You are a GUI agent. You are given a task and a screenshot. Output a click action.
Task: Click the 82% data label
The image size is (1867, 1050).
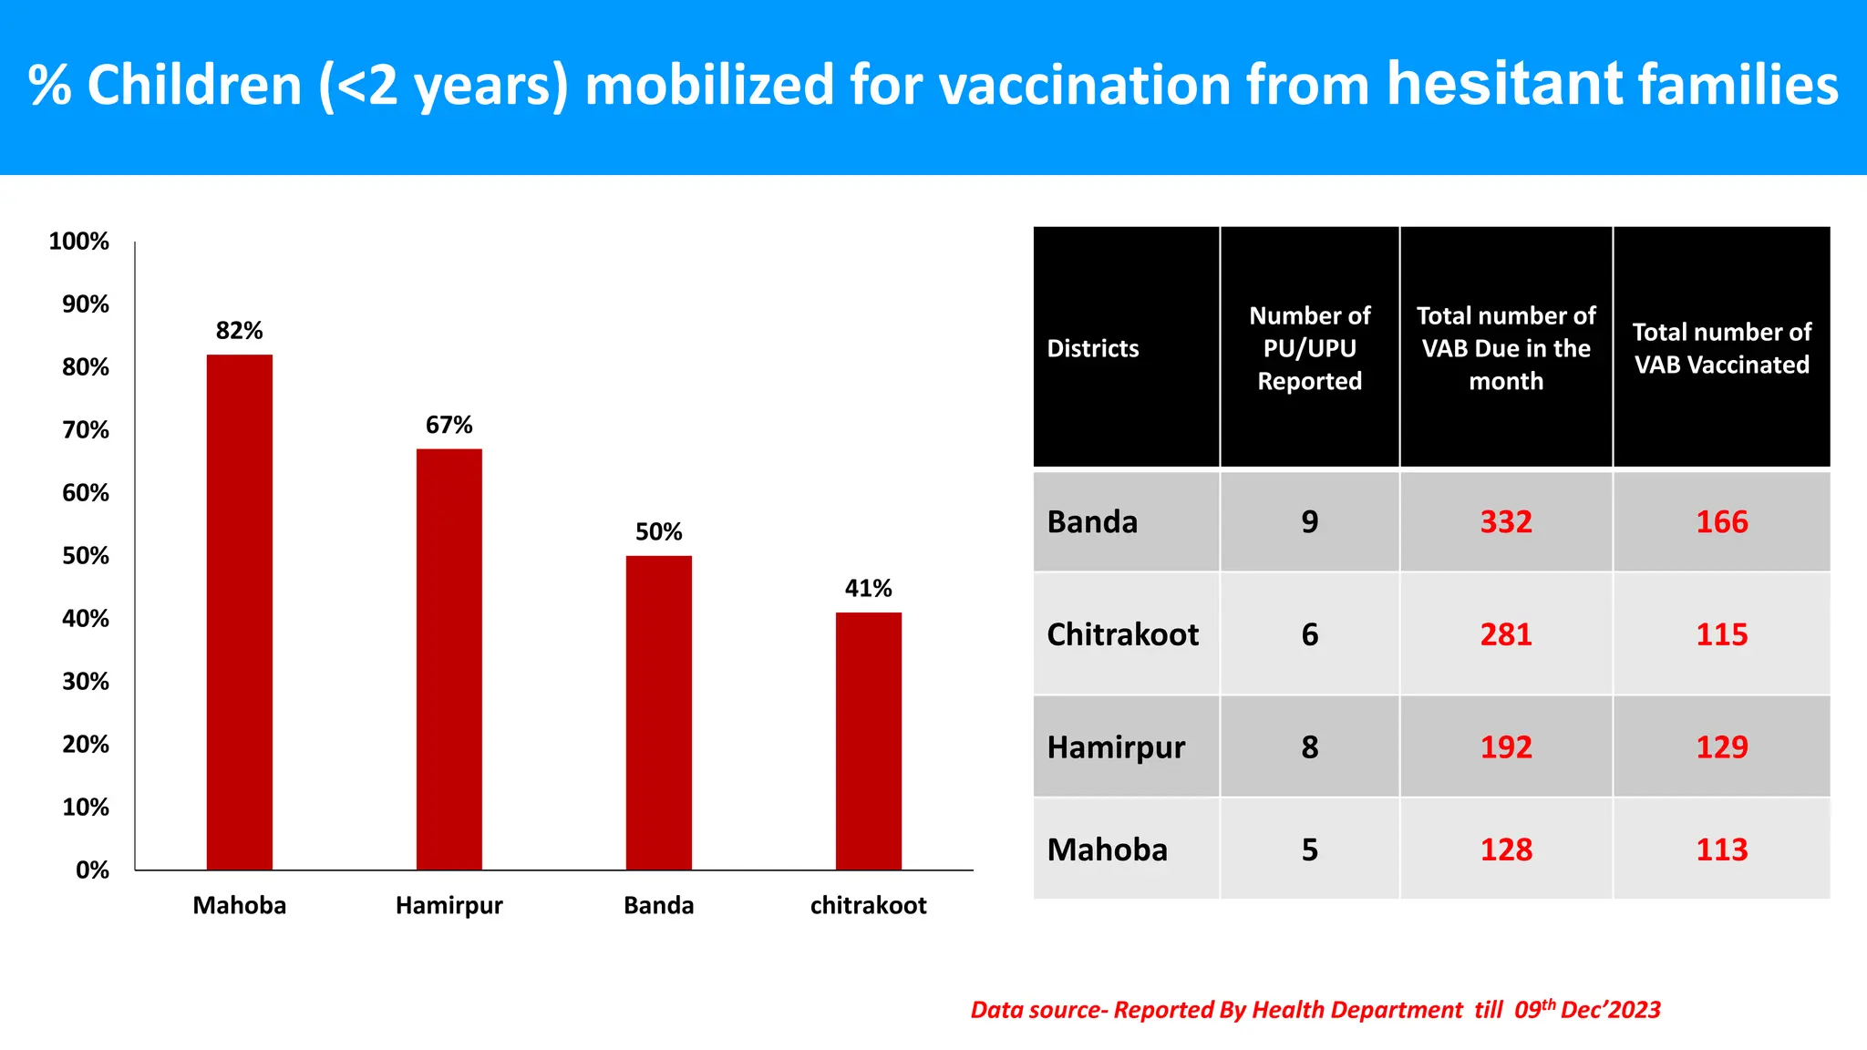[x=239, y=331]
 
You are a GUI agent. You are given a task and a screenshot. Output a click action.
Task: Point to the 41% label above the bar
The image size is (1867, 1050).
[x=868, y=589]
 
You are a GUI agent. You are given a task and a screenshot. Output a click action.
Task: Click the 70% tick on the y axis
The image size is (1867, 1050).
[x=86, y=430]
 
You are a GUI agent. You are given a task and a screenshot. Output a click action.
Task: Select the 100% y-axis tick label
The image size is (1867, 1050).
[x=78, y=242]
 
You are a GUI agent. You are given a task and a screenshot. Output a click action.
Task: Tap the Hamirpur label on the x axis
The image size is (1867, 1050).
[x=449, y=905]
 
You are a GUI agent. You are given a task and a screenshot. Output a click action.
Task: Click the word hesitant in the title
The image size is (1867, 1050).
[x=1504, y=84]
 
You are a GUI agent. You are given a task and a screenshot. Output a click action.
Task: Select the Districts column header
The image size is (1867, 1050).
[x=1093, y=348]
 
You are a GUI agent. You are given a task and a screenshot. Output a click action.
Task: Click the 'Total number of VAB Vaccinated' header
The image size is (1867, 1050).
[x=1721, y=348]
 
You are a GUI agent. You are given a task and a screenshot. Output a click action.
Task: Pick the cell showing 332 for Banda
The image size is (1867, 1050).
[x=1506, y=522]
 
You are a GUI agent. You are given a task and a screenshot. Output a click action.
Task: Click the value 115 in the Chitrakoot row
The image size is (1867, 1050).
[x=1721, y=634]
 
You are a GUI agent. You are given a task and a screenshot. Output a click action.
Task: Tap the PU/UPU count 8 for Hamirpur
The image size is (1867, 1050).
[x=1309, y=747]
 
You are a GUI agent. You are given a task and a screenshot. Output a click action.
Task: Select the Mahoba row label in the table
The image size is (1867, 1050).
[x=1107, y=849]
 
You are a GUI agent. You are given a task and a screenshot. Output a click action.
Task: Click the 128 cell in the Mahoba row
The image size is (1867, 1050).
[x=1506, y=849]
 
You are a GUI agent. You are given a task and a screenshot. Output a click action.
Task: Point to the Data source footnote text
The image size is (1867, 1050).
[x=1315, y=1010]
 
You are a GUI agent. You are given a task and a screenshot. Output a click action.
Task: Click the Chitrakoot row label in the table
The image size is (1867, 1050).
[x=1122, y=634]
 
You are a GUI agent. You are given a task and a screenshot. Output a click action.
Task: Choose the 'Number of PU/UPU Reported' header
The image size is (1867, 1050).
[x=1309, y=348]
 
